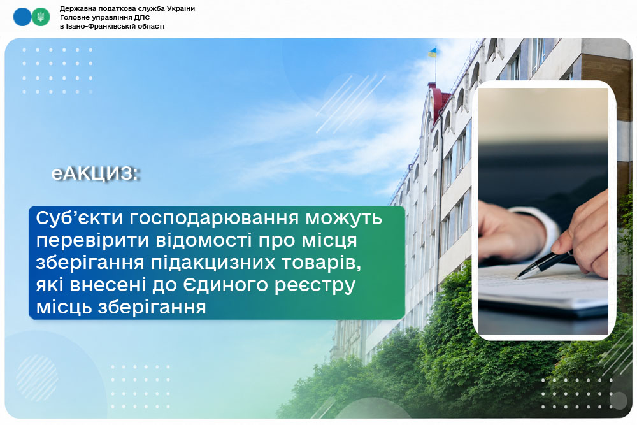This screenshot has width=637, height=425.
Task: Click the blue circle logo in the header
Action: pos(22,17)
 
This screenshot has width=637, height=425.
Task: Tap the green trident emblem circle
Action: pos(41,17)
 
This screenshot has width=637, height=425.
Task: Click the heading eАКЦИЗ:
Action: pos(96,174)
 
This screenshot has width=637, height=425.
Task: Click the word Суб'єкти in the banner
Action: pos(79,218)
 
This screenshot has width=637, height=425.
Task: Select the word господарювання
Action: pos(215,219)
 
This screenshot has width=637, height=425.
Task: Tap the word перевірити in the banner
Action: pos(92,241)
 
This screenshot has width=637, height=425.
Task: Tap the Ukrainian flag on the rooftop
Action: pos(432,52)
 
